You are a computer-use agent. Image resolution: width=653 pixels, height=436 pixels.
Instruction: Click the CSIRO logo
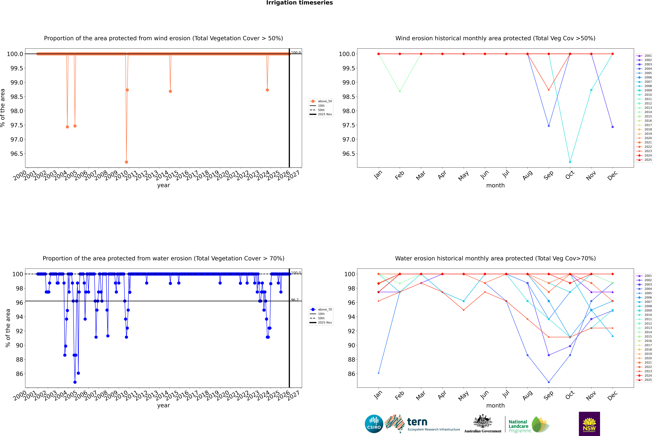pyautogui.click(x=374, y=424)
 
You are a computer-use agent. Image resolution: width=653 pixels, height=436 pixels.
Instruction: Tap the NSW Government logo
pyautogui.click(x=589, y=424)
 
